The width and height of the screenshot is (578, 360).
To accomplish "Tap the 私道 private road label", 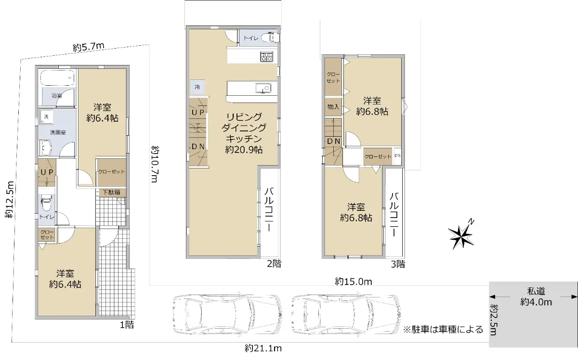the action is click(536, 291).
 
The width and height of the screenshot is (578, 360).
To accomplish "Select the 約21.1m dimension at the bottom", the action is click(263, 348).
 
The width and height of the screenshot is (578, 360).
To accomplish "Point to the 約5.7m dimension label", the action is click(89, 47).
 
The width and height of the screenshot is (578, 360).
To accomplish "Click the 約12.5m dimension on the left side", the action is click(10, 199).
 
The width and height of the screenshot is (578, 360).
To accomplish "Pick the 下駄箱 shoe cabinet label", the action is click(111, 193).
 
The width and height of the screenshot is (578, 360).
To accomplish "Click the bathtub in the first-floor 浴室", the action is click(57, 78).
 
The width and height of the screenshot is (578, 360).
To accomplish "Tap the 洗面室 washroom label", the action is click(58, 132).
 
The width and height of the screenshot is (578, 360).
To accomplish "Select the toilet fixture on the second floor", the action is click(270, 38).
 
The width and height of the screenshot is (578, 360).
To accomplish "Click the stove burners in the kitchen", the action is click(266, 57).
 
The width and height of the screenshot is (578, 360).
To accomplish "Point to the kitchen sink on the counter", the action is click(263, 88).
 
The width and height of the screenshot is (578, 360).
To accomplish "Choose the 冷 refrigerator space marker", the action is click(197, 87).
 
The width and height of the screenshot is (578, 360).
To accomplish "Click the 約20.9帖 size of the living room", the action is click(244, 150).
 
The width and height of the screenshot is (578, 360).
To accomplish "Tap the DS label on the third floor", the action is click(398, 155).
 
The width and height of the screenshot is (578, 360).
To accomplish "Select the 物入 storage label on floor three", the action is click(333, 106).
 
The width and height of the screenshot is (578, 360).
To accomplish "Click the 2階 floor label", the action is click(274, 264).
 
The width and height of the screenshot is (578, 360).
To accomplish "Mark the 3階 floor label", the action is click(398, 264).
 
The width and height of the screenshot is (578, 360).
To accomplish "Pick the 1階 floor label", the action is click(127, 325).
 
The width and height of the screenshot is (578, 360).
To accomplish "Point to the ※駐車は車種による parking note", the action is click(443, 329).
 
